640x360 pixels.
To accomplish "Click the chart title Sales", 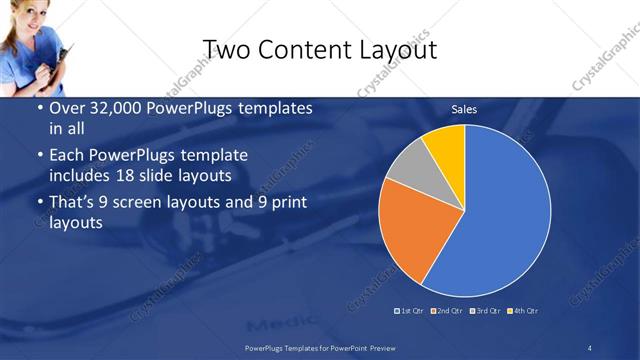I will (464, 109).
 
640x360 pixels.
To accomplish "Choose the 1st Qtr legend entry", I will (410, 311).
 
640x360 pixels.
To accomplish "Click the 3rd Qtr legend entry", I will (487, 311).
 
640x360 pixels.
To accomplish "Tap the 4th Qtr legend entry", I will (526, 311).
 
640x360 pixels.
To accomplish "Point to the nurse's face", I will (25, 17).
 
